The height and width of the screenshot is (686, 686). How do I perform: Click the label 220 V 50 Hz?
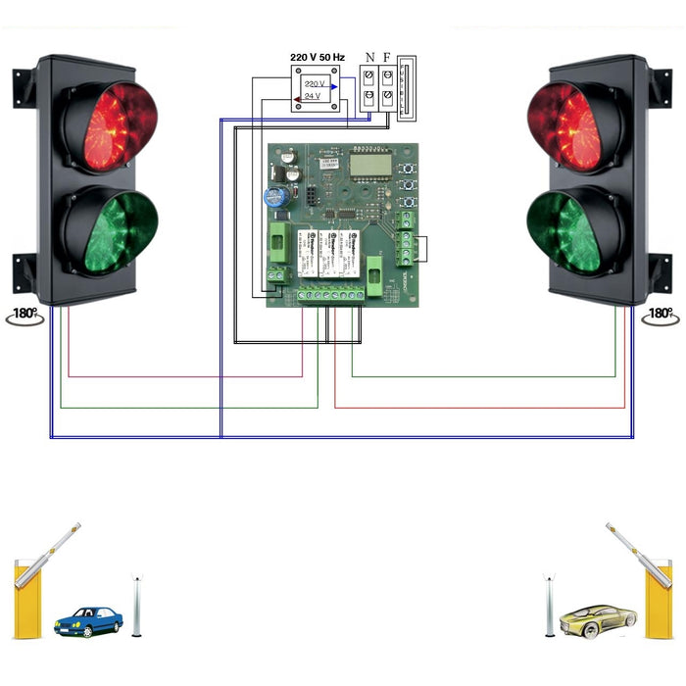click(318, 57)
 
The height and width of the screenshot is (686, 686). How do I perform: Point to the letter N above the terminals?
click(369, 57)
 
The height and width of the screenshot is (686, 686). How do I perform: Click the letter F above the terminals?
click(387, 57)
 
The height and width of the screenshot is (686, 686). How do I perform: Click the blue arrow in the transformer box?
click(334, 86)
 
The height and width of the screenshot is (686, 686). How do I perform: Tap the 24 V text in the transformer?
click(313, 97)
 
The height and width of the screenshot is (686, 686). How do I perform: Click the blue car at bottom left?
click(88, 620)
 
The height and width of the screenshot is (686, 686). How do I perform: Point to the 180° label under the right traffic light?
click(661, 315)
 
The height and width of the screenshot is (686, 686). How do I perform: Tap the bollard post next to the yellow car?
click(552, 605)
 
